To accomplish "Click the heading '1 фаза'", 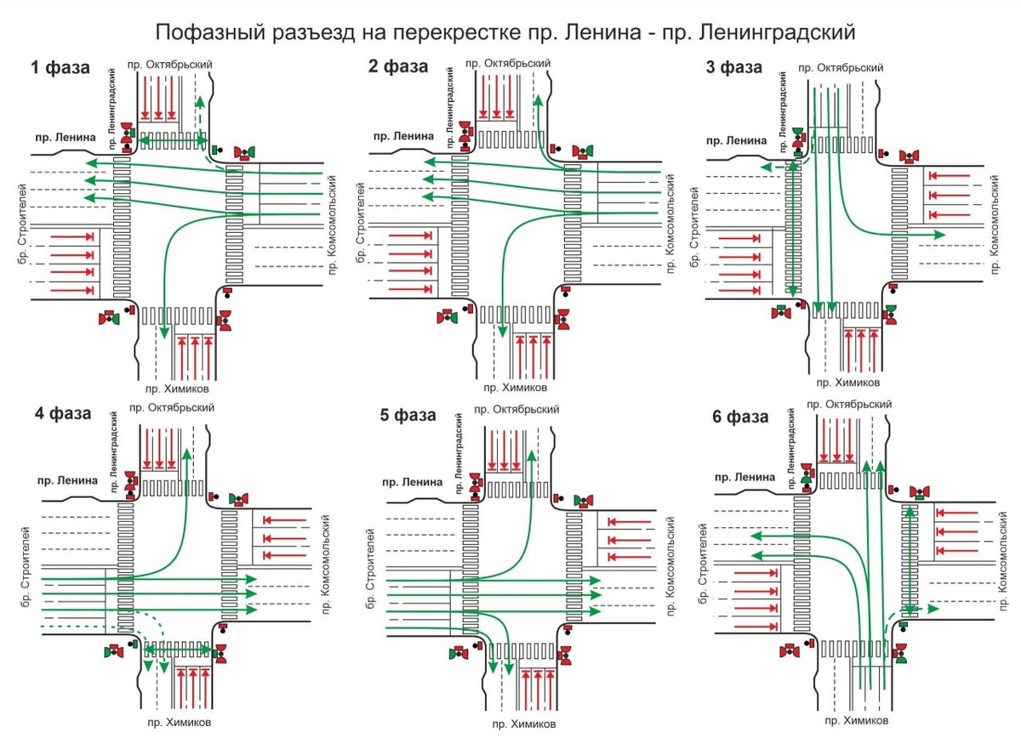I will click(x=60, y=68).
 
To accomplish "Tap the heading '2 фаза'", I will click(x=398, y=68).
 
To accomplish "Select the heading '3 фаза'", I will click(x=734, y=68).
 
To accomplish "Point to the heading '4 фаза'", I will click(x=62, y=414).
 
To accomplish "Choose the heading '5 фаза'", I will click(x=408, y=416).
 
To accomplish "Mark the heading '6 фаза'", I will click(x=740, y=417).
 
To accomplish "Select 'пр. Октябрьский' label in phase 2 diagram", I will click(x=510, y=64).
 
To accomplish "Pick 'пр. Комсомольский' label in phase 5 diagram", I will click(x=670, y=569).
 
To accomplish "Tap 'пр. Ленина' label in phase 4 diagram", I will click(x=67, y=480).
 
